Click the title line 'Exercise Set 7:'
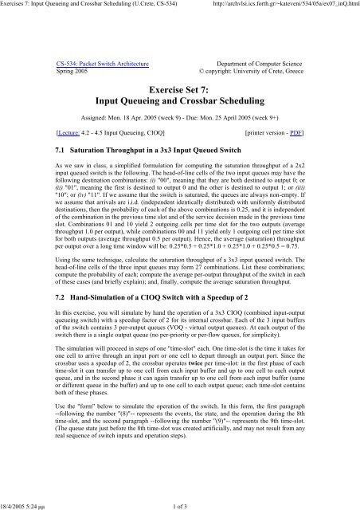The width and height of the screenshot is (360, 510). [179, 92]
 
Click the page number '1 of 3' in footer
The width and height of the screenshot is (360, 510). [179, 504]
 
